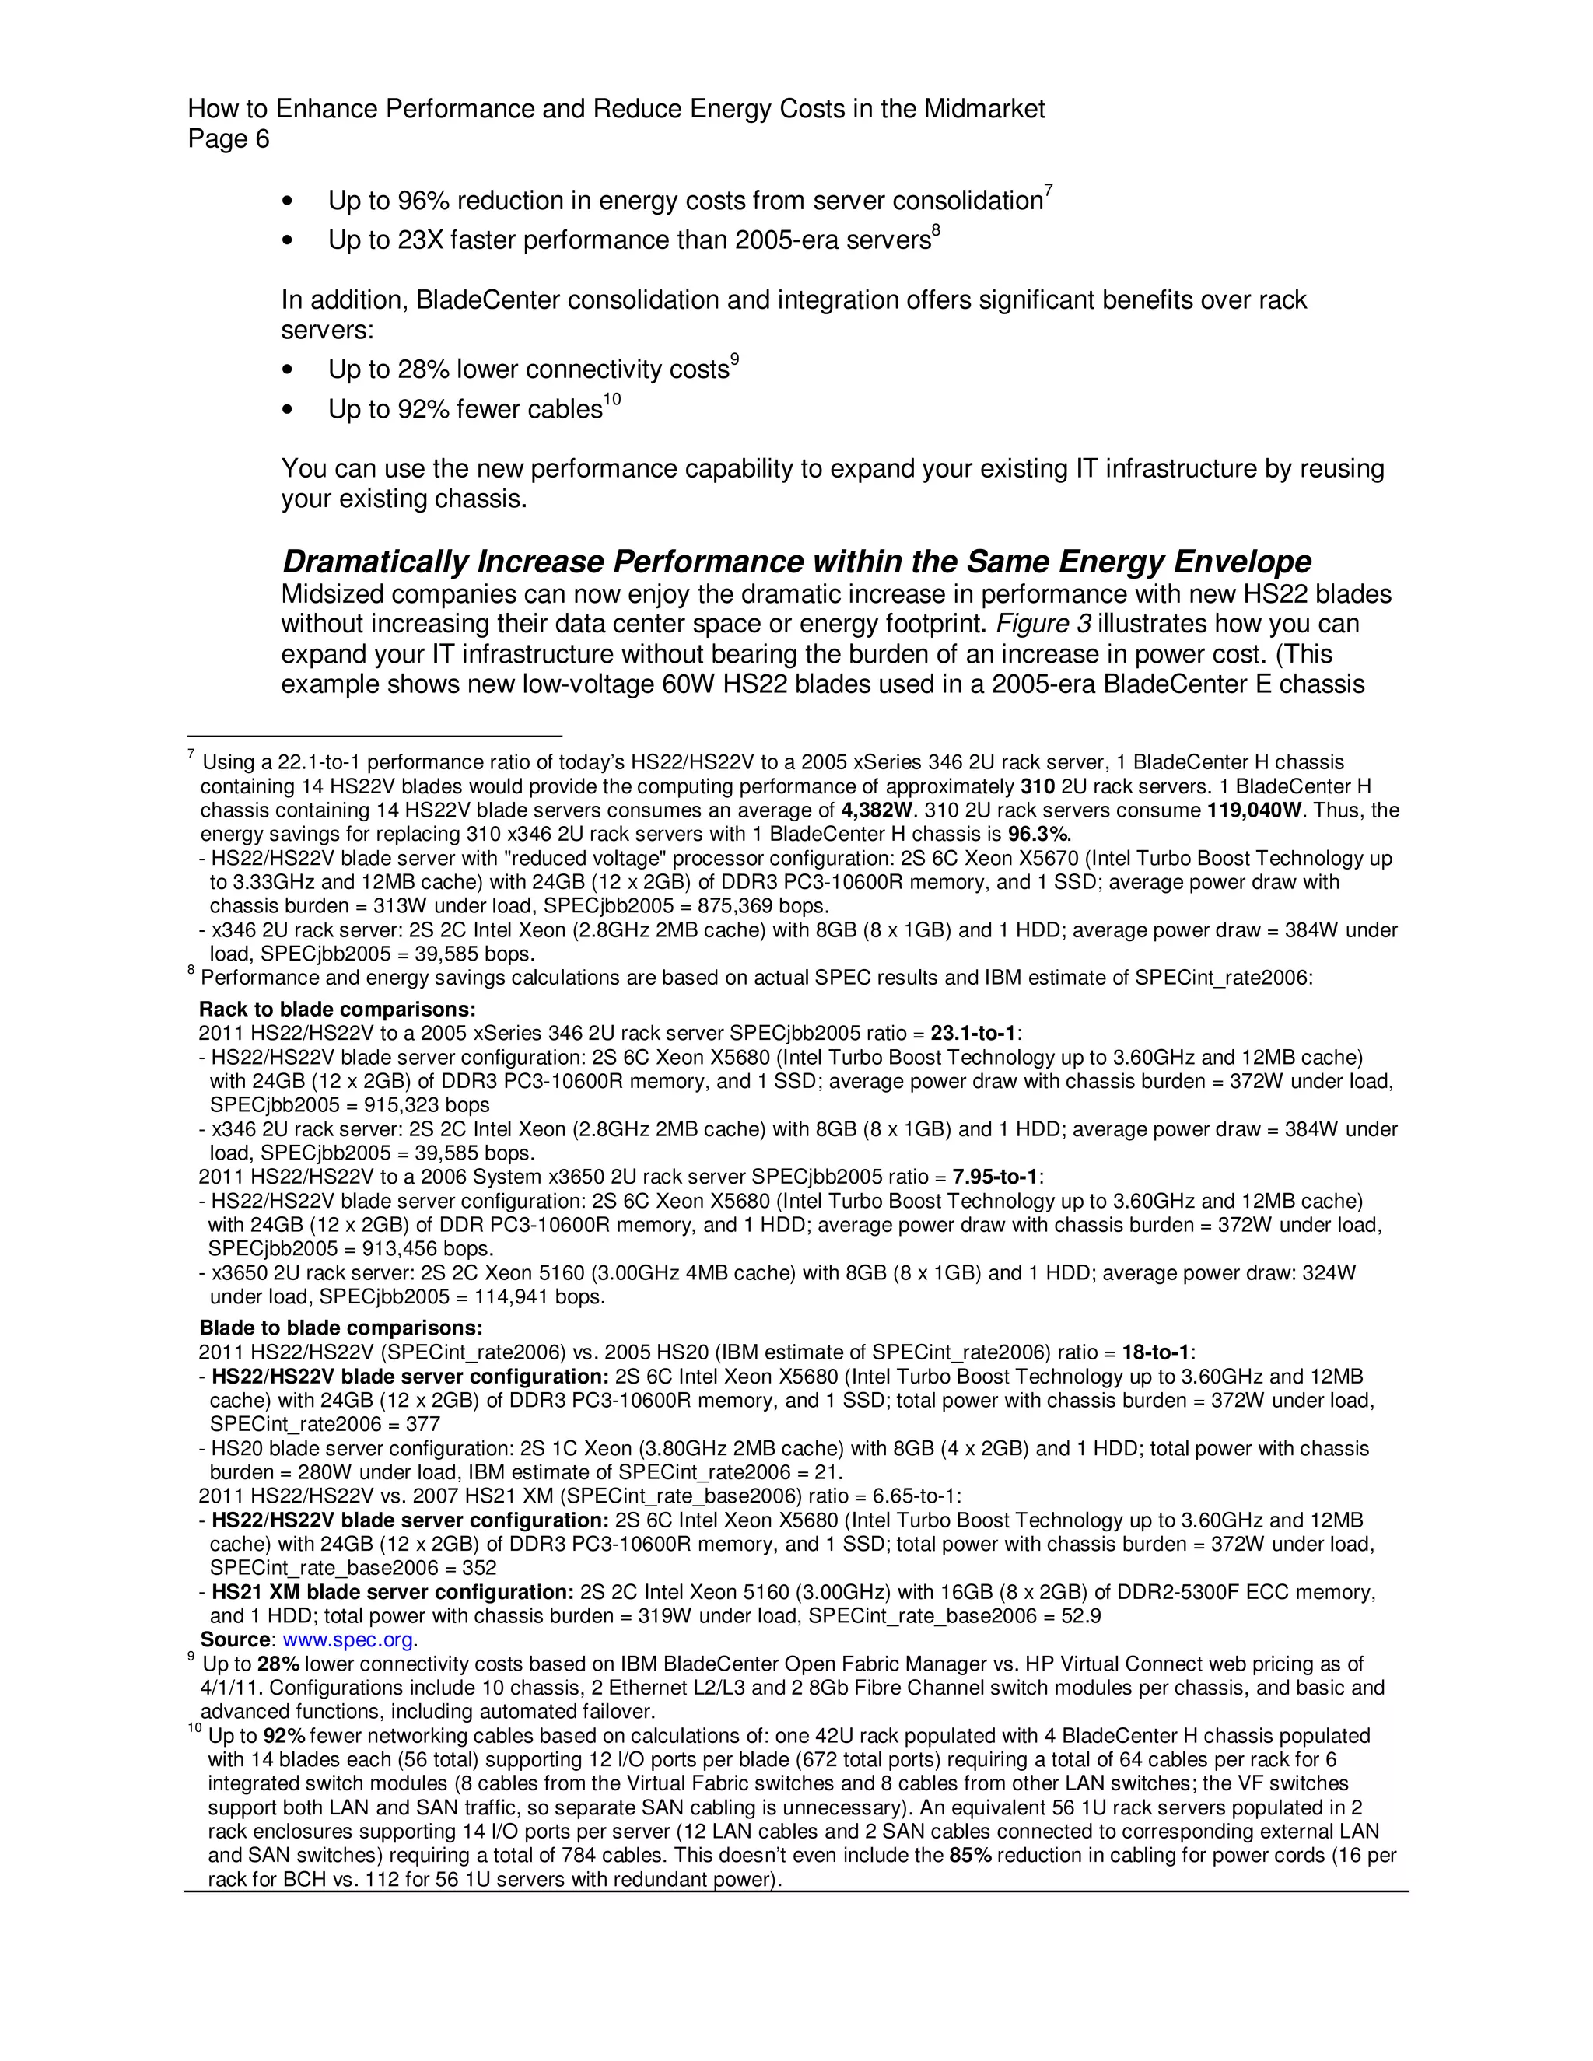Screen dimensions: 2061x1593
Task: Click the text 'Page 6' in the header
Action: (x=229, y=140)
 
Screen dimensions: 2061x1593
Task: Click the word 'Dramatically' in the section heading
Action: (x=376, y=562)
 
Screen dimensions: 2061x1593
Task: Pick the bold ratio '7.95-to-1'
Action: (x=996, y=1177)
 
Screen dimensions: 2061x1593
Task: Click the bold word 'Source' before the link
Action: (x=235, y=1640)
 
